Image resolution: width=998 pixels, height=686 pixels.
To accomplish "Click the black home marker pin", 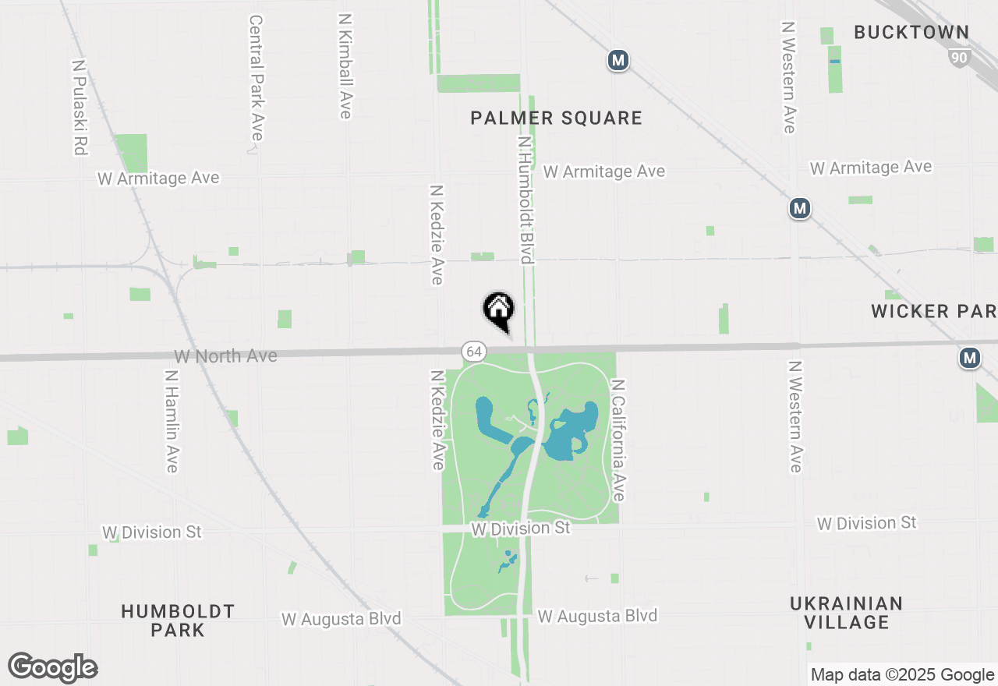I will pyautogui.click(x=499, y=309).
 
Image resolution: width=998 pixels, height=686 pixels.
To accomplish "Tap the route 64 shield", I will pyautogui.click(x=474, y=352).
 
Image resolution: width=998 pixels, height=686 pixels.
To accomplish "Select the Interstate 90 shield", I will pyautogui.click(x=960, y=57).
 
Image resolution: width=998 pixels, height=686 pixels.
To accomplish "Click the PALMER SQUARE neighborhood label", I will pyautogui.click(x=557, y=118).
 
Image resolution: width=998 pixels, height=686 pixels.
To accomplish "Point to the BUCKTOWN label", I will pyautogui.click(x=911, y=32).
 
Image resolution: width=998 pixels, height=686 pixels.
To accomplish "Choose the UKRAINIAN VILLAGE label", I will pyautogui.click(x=847, y=613).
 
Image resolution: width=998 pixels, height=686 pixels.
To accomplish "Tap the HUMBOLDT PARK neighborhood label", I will pyautogui.click(x=178, y=620).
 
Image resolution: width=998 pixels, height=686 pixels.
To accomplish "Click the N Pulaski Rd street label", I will pyautogui.click(x=79, y=108).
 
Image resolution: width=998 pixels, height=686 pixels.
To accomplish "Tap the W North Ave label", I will pyautogui.click(x=225, y=356).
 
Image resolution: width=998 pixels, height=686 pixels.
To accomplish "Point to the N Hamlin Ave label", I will pyautogui.click(x=172, y=420).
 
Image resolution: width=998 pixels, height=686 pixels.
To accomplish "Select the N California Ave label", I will pyautogui.click(x=618, y=440).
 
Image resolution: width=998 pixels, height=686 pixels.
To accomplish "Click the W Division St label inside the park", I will pyautogui.click(x=521, y=528).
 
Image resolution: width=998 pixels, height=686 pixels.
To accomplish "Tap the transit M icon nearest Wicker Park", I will pyautogui.click(x=969, y=358).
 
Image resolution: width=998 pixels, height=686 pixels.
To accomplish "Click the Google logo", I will pyautogui.click(x=53, y=667).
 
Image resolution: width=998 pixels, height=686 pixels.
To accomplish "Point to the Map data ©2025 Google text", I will pyautogui.click(x=902, y=674).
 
